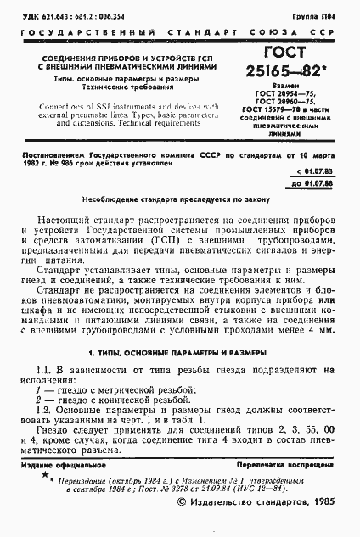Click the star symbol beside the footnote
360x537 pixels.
tap(45, 476)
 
